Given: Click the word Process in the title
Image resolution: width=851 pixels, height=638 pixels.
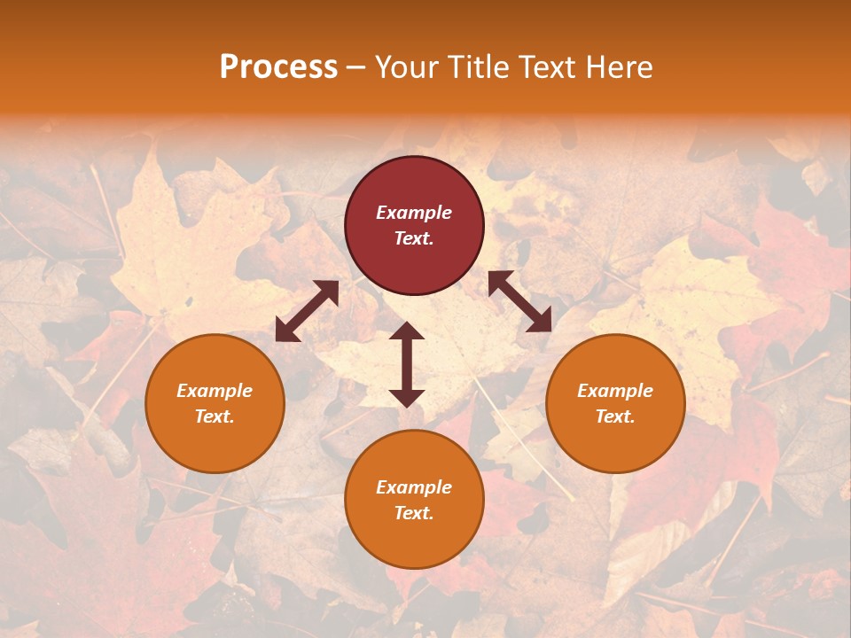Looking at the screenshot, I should tap(278, 67).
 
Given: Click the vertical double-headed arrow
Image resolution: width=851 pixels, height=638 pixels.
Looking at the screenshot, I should tap(407, 364).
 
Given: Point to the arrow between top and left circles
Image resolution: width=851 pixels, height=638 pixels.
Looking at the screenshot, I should tap(307, 311).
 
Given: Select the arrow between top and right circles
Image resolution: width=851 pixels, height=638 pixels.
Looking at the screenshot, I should tap(520, 301).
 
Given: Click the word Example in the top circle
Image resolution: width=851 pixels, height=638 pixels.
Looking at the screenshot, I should tap(414, 213).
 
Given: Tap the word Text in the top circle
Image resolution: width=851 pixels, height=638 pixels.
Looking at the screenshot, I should tap(414, 238).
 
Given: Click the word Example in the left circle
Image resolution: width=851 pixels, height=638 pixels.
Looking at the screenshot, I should tap(215, 391).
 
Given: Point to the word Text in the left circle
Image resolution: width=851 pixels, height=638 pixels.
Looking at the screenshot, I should tap(215, 416).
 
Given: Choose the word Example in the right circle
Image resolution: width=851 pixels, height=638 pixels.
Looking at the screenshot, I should tap(615, 391).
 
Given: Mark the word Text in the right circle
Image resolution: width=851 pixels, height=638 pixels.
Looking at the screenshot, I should tap(615, 416).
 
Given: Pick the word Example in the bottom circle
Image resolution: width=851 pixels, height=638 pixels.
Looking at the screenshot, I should tap(414, 487).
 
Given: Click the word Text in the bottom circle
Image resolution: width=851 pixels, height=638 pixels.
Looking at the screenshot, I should tap(414, 513).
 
